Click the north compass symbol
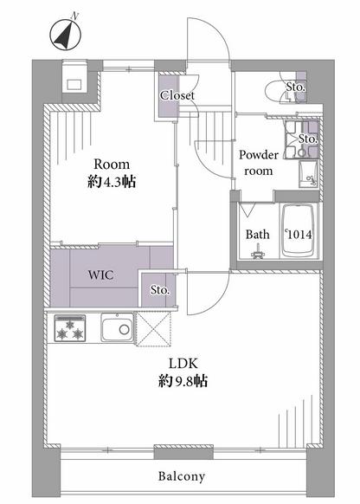pos(66,34)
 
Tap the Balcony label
pos(182,476)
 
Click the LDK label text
pos(183,363)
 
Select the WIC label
pos(101,275)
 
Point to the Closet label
pos(177,95)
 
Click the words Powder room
pos(259,163)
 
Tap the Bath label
pos(257,235)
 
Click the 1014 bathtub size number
pos(299,235)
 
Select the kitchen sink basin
pos(117,327)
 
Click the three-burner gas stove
pos(70,328)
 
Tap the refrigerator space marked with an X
pos(153,329)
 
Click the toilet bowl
pos(275,93)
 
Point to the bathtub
pos(298,230)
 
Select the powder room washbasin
pos(308,174)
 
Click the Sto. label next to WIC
pos(160,290)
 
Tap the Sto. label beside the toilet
pos(295,87)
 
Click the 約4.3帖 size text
pos(112,182)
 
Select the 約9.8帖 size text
pos(183,381)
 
